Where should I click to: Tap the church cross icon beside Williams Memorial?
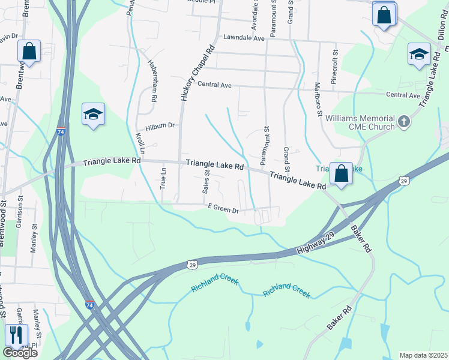(x=404, y=122)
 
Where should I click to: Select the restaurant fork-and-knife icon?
(x=17, y=335)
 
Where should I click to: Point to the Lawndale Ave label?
(x=244, y=38)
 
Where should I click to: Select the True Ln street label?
(x=163, y=179)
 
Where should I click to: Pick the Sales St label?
(x=205, y=181)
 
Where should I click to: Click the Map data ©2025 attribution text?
(x=423, y=355)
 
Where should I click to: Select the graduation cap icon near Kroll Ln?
(x=93, y=114)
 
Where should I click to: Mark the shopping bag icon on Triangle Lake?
(x=341, y=174)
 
